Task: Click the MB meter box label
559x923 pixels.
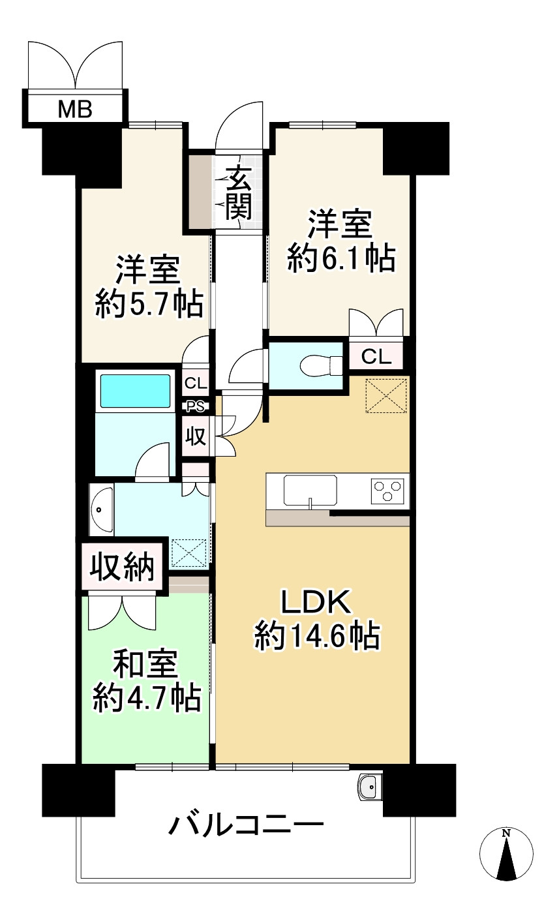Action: click(x=75, y=108)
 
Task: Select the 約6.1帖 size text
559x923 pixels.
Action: click(x=340, y=260)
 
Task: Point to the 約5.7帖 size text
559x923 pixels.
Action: click(x=149, y=304)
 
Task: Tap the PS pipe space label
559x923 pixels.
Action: click(x=196, y=406)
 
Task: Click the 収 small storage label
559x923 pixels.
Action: click(x=196, y=436)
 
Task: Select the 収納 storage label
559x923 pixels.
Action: click(x=122, y=567)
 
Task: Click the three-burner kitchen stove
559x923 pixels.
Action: click(x=387, y=490)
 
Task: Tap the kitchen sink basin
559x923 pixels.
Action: click(x=310, y=490)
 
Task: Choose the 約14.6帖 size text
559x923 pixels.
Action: click(x=317, y=635)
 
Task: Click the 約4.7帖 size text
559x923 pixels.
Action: click(x=146, y=699)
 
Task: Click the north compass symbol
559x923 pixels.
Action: click(x=506, y=855)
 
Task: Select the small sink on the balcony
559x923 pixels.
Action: click(x=370, y=787)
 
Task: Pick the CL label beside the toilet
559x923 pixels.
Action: click(x=376, y=356)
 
